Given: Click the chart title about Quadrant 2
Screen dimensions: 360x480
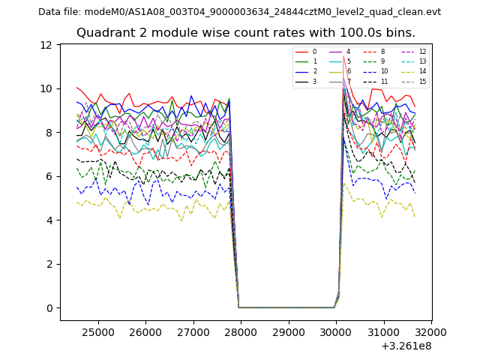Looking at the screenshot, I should (x=245, y=33).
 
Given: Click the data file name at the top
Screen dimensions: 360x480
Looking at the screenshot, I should (x=239, y=12).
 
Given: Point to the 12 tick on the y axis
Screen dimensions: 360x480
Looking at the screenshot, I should (x=46, y=45).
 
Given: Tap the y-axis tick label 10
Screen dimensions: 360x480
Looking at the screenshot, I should (x=46, y=88).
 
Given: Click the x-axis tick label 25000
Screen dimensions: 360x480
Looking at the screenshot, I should (x=97, y=331).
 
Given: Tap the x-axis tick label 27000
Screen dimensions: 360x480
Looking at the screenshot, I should (x=193, y=331).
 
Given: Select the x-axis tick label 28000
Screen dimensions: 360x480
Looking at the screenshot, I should (x=240, y=331).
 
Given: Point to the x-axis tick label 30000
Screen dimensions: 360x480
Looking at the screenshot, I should (x=335, y=331).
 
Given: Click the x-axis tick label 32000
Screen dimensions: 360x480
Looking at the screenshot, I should (x=430, y=331).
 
